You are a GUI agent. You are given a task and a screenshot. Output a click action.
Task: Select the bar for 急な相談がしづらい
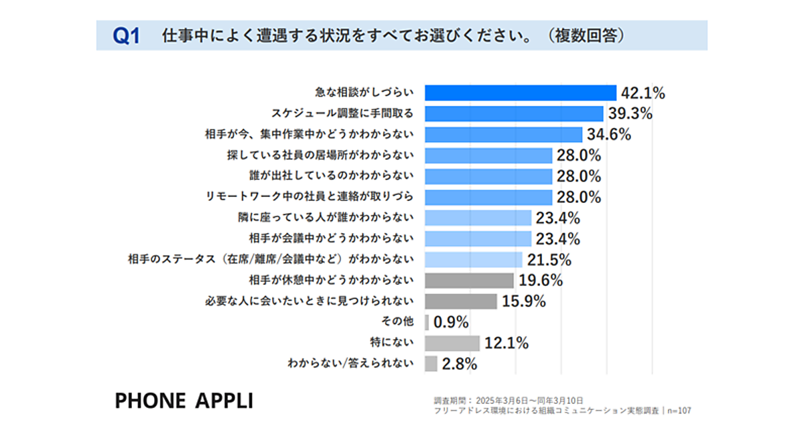pyautogui.click(x=521, y=93)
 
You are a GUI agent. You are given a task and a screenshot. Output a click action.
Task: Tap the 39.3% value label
pyautogui.click(x=630, y=114)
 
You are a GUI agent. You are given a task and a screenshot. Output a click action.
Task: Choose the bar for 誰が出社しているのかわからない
pyautogui.click(x=488, y=176)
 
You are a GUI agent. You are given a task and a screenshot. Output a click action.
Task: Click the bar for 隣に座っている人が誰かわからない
pyautogui.click(x=478, y=218)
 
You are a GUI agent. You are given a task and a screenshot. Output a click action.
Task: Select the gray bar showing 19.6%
pyautogui.click(x=470, y=280)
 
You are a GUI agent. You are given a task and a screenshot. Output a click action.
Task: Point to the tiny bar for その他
pyautogui.click(x=427, y=322)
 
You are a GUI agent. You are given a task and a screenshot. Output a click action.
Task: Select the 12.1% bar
pyautogui.click(x=452, y=343)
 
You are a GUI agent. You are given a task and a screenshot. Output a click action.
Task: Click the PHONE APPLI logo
pyautogui.click(x=184, y=401)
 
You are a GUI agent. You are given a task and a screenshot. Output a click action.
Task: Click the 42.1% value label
pyautogui.click(x=643, y=93)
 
